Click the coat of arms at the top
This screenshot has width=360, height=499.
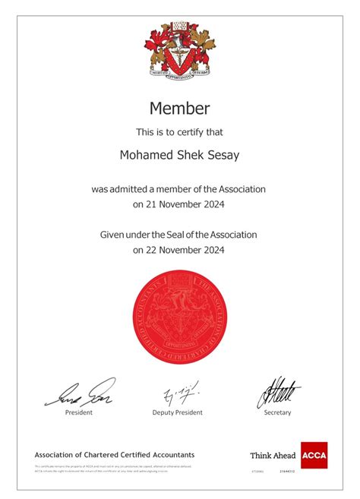(179, 50)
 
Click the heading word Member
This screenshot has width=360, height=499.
(179, 109)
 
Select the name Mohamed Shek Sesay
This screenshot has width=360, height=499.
(179, 155)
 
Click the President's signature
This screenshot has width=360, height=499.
(80, 392)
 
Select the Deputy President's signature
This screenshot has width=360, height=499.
(179, 393)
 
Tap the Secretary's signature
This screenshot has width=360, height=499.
(277, 392)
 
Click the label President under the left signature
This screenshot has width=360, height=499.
(79, 412)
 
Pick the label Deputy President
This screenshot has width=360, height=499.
(178, 412)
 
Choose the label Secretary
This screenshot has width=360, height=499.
(277, 412)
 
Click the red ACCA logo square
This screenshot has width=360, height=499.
(314, 455)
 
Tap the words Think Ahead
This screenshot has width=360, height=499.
(273, 456)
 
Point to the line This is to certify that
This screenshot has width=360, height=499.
(179, 132)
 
